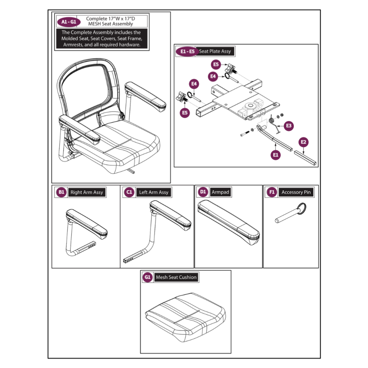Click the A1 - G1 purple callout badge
[68, 22]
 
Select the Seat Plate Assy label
[215, 51]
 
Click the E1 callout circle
[276, 155]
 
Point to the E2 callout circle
[304, 142]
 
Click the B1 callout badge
[61, 192]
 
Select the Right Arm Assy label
[87, 193]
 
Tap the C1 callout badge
[129, 192]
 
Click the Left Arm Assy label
[154, 193]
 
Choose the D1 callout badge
[203, 192]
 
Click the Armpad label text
[220, 192]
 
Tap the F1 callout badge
[272, 192]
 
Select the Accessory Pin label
[296, 193]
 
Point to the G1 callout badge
[148, 277]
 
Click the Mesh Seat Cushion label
[176, 277]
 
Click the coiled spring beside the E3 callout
[272, 120]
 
